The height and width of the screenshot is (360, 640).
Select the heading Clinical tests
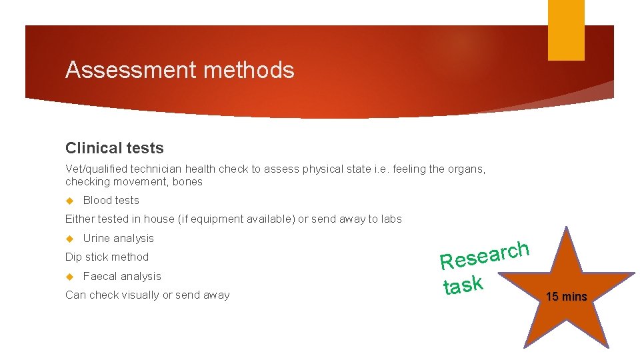[x=114, y=148]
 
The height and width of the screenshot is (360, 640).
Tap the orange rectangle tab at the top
[x=566, y=30]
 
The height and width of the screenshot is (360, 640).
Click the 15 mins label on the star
[x=566, y=297]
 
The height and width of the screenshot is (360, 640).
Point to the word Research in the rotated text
[x=484, y=255]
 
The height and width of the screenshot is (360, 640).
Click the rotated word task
[x=463, y=285]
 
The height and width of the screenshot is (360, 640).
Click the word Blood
[x=97, y=200]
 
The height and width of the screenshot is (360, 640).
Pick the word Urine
[x=97, y=238]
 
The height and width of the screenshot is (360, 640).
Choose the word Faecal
[x=101, y=276]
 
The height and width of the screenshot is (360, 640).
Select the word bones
[x=187, y=181]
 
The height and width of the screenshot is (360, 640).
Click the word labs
[x=391, y=219]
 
